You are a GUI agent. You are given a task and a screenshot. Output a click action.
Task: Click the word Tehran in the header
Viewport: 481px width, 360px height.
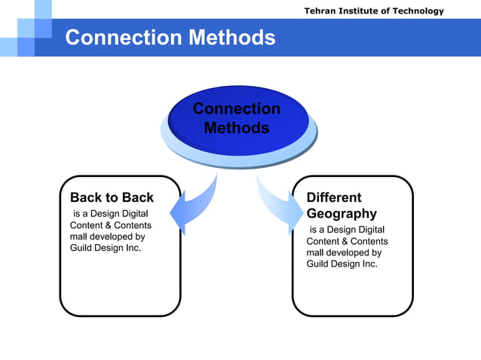(320, 11)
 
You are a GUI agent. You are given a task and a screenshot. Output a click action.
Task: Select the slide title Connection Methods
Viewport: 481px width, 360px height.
(170, 37)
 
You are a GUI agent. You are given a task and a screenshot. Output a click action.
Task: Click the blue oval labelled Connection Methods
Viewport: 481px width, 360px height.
(237, 121)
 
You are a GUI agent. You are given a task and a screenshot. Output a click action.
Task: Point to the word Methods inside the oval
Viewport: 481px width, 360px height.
(237, 129)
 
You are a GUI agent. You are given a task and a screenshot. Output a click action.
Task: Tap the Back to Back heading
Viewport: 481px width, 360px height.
(112, 197)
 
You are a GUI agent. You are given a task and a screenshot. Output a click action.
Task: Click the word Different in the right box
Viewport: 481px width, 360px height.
(334, 197)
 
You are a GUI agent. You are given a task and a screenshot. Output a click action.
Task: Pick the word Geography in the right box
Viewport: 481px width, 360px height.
(342, 213)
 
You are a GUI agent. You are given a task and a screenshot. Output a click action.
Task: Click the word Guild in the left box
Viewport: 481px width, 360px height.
(82, 247)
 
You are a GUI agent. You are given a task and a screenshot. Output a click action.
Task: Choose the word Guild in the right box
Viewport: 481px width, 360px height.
(319, 264)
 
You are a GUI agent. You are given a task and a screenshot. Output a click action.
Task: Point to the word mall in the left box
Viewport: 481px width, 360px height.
(78, 236)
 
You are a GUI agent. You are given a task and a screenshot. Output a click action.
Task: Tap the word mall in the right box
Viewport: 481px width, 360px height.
(315, 252)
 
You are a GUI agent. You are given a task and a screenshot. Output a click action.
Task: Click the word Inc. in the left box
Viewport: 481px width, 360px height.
(133, 247)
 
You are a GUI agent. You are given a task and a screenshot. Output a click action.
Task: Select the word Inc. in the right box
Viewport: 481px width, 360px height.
(369, 264)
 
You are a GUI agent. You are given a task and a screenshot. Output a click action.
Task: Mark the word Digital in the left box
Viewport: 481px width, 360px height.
(133, 215)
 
